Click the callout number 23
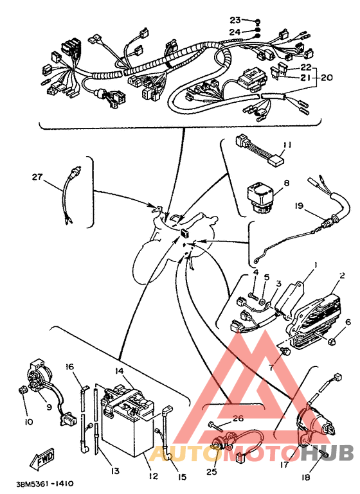click(235, 20)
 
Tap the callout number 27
click(37, 177)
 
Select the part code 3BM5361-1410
click(45, 484)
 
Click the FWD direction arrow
click(42, 457)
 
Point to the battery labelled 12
click(127, 422)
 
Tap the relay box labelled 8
click(260, 198)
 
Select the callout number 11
click(287, 145)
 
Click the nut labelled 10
click(22, 390)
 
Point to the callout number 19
click(299, 206)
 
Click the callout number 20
click(327, 78)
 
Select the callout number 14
click(119, 371)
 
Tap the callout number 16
click(69, 367)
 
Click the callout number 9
click(49, 407)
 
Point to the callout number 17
click(284, 464)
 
